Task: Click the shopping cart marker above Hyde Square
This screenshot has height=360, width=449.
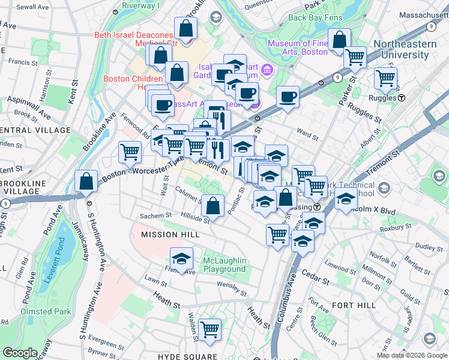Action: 209,329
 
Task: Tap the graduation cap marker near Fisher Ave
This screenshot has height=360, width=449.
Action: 181,259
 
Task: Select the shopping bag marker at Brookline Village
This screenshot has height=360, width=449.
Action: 86,181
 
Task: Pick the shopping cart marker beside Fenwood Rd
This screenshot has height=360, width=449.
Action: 130,152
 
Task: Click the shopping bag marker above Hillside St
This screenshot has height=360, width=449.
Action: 212,206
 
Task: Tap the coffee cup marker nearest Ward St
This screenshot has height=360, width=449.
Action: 288,96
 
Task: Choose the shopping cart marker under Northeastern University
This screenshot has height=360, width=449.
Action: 385,78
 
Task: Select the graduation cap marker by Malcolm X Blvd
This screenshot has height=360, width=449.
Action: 345,199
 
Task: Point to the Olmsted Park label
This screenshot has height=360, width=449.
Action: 46,311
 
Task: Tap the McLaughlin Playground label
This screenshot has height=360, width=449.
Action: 224,265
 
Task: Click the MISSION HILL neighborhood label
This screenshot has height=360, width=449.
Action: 168,235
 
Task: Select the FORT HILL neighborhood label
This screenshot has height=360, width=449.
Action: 354,305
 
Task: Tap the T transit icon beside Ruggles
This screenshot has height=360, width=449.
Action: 401,97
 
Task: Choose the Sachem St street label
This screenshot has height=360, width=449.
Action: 152,215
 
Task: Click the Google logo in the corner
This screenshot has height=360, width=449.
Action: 20,353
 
